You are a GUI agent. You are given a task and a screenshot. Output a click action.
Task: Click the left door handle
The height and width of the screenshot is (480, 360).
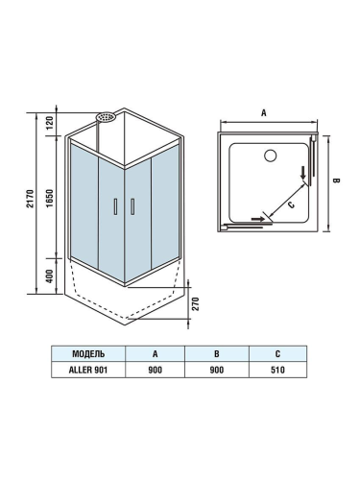click(x=115, y=205)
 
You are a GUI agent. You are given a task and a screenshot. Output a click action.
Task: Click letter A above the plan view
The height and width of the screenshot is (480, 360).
click(x=263, y=112)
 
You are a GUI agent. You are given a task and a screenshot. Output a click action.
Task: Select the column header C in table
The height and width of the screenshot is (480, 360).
click(x=277, y=352)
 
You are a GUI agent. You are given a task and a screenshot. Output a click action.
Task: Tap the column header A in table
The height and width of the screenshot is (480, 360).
click(x=155, y=352)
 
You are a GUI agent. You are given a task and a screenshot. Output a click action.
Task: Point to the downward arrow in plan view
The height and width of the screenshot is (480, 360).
click(x=304, y=174)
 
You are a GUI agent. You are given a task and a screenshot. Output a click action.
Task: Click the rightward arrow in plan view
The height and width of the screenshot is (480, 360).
click(x=257, y=218)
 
